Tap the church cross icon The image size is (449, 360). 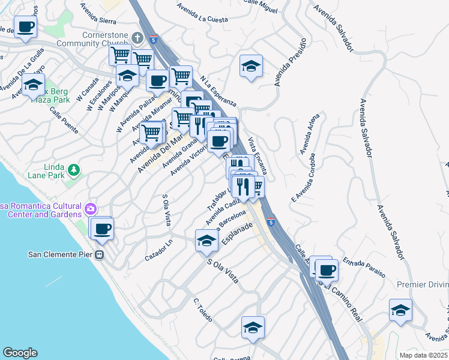(x=137, y=38)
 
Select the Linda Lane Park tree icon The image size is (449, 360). (x=74, y=170)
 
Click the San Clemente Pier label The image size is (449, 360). (x=60, y=254)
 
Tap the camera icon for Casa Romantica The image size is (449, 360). (x=91, y=209)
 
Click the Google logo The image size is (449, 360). (x=20, y=353)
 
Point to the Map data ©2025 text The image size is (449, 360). (x=423, y=355)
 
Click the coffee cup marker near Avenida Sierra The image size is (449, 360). (x=26, y=27)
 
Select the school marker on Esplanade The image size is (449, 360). (x=206, y=241)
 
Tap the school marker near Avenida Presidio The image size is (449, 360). (x=251, y=65)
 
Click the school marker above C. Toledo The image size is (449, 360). (x=253, y=328)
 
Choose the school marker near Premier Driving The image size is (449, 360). (x=400, y=310)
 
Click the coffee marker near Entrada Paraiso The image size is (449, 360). (x=326, y=270)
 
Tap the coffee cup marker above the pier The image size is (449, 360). (x=103, y=228)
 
